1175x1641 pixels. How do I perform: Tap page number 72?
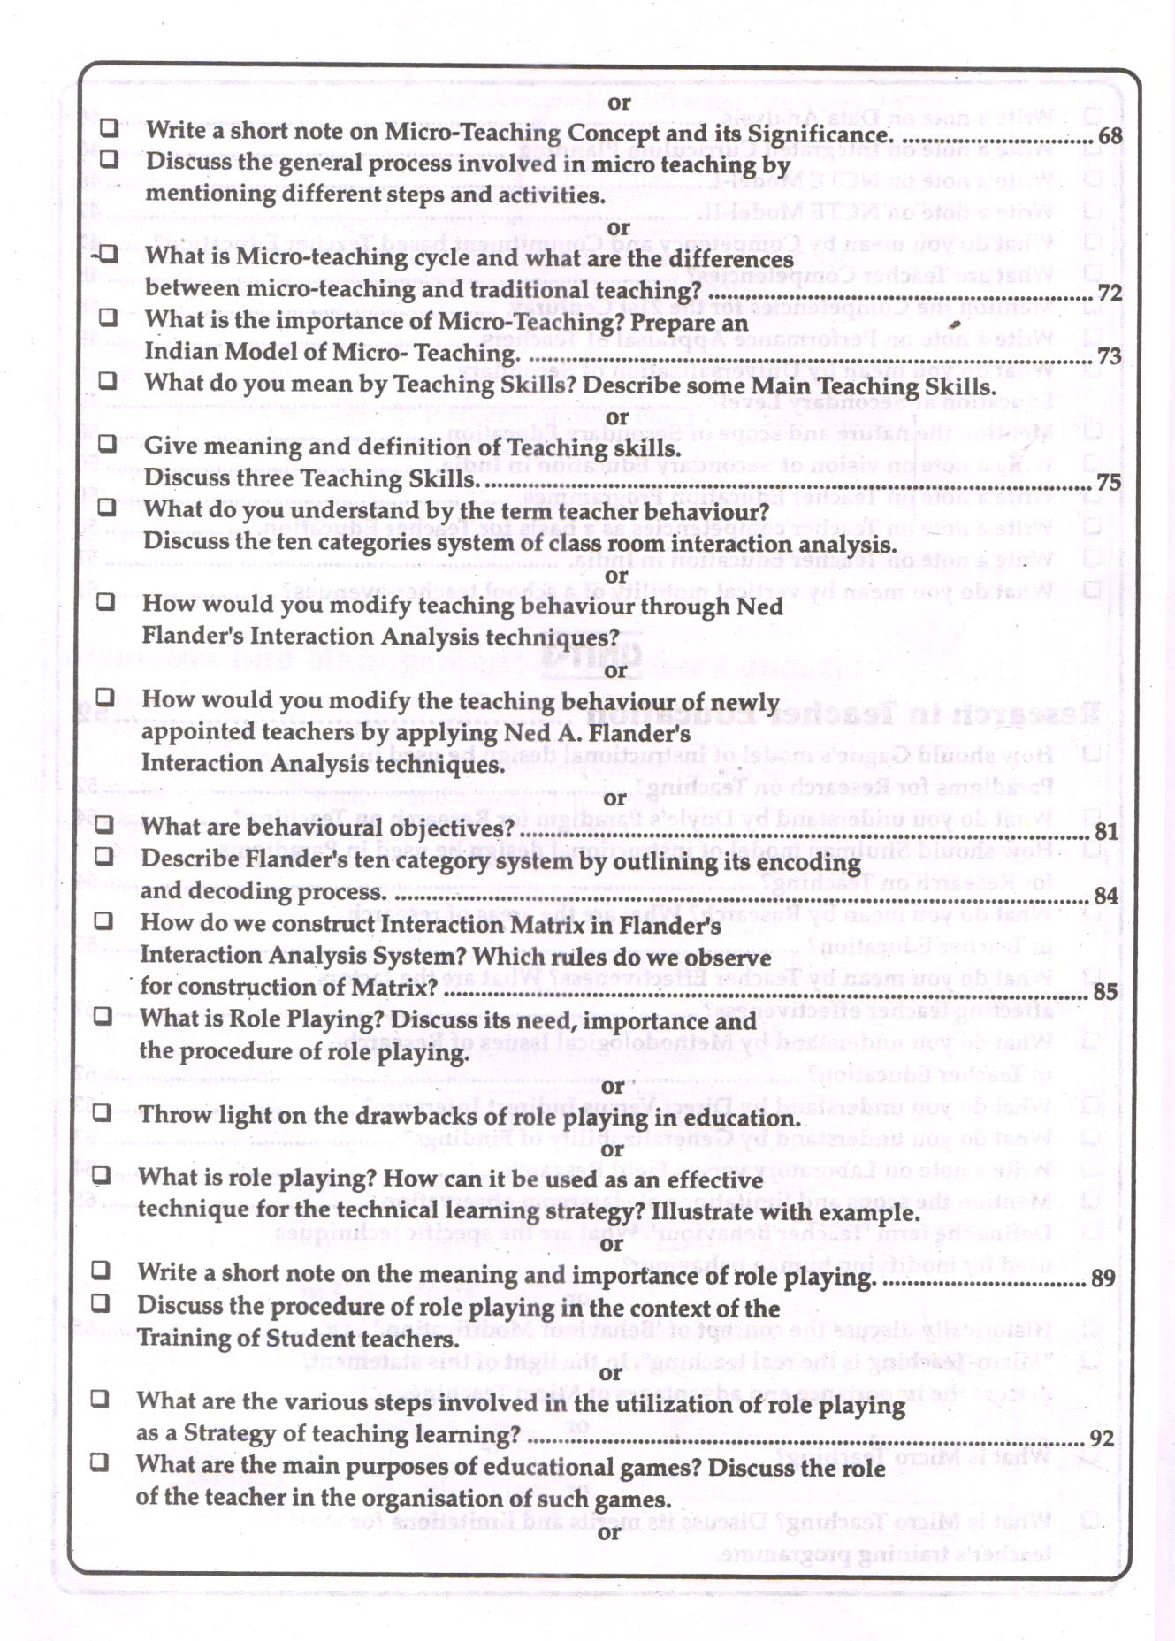(1110, 293)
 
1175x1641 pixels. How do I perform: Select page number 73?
(1110, 356)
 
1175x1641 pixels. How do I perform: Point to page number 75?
(1109, 483)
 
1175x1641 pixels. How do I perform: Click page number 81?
(1106, 832)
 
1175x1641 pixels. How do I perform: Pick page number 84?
(1106, 897)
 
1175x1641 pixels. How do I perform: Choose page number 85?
(1105, 992)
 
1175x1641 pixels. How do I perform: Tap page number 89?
(1103, 1278)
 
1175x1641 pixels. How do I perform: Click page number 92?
(1102, 1439)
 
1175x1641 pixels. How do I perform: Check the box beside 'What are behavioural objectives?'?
(104, 825)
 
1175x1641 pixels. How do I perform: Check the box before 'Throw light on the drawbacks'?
(103, 1112)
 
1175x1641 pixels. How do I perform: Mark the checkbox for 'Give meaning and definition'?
(107, 443)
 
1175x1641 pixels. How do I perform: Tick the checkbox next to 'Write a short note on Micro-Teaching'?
(109, 128)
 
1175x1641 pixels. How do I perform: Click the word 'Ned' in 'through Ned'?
(761, 607)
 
